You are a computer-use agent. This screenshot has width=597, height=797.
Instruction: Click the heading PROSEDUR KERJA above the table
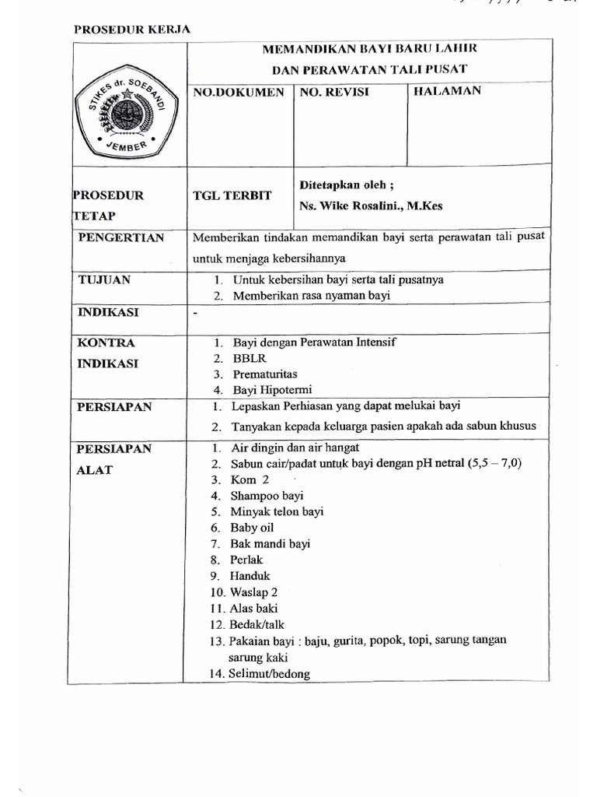tap(132, 30)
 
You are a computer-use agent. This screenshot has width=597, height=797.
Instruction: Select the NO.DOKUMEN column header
tap(239, 92)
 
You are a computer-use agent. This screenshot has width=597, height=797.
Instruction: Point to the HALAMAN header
tap(447, 91)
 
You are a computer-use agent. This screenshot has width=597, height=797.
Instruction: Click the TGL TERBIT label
tap(232, 195)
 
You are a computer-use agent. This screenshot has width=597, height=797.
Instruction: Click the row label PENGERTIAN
tap(121, 237)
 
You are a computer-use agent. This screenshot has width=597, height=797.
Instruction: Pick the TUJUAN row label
tap(104, 279)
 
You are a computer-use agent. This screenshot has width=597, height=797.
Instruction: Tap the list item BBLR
tap(248, 359)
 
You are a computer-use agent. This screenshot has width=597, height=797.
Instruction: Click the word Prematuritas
tap(265, 374)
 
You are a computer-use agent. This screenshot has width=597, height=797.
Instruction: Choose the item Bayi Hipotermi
tap(272, 390)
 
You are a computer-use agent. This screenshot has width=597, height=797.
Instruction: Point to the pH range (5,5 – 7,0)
tap(494, 464)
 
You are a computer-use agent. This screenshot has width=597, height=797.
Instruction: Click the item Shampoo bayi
tap(267, 496)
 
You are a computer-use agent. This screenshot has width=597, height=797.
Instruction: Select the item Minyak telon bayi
tap(277, 511)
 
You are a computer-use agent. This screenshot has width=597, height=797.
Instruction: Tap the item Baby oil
tap(252, 528)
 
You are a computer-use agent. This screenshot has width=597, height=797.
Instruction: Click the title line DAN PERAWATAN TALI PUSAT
tap(369, 68)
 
